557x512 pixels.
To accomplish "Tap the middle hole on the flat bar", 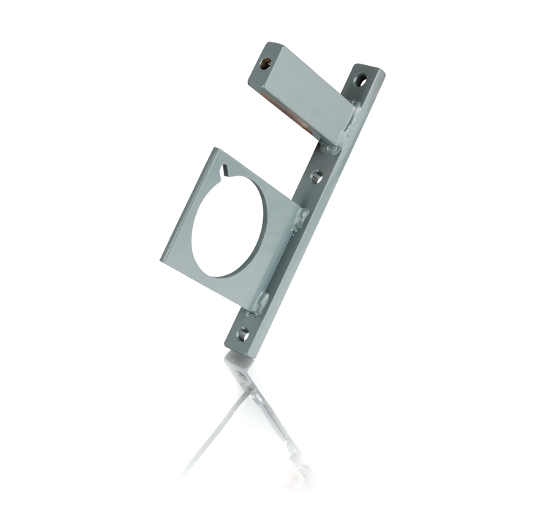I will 316,176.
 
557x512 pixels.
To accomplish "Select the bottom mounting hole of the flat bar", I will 243,334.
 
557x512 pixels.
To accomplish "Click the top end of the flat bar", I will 369,69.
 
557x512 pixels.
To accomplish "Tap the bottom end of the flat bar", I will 235,348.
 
